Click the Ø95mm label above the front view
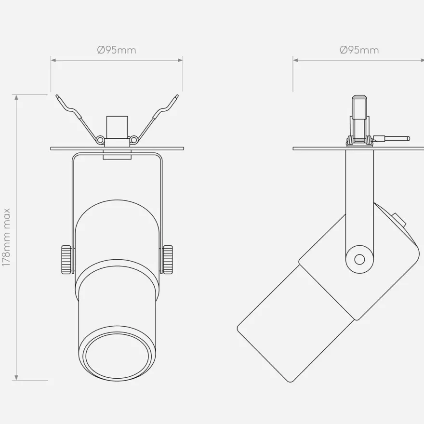coord(117,50)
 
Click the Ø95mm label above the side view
coord(359,50)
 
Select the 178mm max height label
coord(6,237)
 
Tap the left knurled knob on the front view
coord(66,259)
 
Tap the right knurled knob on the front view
coord(168,259)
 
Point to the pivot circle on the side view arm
coord(359,260)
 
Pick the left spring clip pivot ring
coord(100,140)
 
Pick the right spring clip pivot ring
coord(133,140)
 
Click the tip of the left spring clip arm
coord(57,96)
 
